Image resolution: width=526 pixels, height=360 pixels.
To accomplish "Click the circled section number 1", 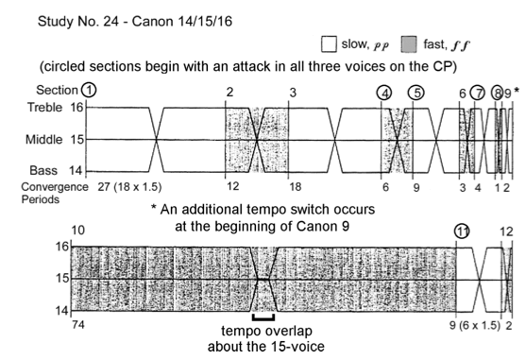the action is pyautogui.click(x=89, y=90).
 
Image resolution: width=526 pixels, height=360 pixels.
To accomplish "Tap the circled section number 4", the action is pyautogui.click(x=384, y=93).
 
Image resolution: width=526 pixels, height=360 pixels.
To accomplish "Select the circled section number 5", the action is pyautogui.click(x=416, y=93).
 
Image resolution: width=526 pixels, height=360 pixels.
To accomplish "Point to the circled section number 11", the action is pyautogui.click(x=462, y=231).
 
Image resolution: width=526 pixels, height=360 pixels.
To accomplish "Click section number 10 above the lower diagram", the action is pyautogui.click(x=78, y=231).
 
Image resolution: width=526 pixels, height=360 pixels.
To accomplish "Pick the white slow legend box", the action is pyautogui.click(x=329, y=44).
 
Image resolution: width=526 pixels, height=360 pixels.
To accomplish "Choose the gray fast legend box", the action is pyautogui.click(x=409, y=44).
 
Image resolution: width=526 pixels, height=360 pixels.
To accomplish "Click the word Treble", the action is pyautogui.click(x=45, y=108).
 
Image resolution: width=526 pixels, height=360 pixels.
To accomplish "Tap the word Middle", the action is pyautogui.click(x=44, y=139).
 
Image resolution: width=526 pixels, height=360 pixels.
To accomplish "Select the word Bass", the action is pyautogui.click(x=43, y=170).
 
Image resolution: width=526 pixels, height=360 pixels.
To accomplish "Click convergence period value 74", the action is pyautogui.click(x=78, y=324).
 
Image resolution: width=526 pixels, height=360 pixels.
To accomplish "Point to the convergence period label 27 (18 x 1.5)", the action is pyautogui.click(x=129, y=186).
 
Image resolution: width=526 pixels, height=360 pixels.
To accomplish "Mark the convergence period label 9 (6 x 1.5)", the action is pyautogui.click(x=475, y=325).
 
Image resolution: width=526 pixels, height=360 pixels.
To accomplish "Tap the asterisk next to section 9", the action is pyautogui.click(x=517, y=91).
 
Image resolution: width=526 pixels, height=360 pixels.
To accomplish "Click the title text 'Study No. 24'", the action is pyautogui.click(x=77, y=22).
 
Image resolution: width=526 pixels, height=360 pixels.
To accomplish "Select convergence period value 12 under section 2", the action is pyautogui.click(x=233, y=185).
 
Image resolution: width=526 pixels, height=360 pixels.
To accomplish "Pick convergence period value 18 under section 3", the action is pyautogui.click(x=295, y=186).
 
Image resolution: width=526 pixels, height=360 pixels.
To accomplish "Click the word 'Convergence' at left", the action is pyautogui.click(x=55, y=187).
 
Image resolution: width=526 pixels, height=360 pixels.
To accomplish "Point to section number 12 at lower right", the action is pyautogui.click(x=506, y=231).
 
